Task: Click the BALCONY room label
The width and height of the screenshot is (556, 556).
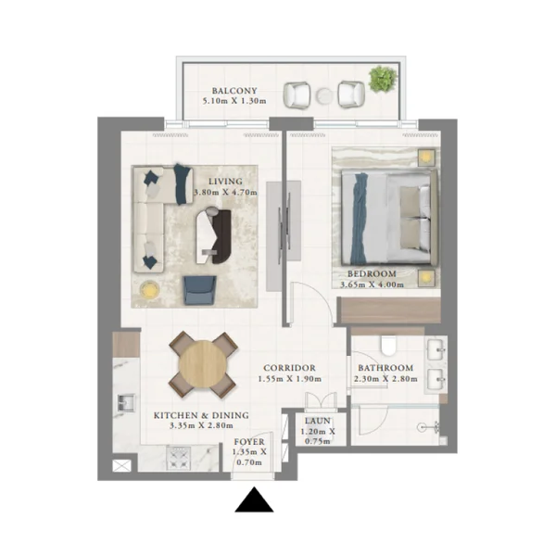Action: pyautogui.click(x=234, y=91)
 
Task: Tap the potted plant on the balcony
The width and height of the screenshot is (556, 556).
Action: pyautogui.click(x=383, y=79)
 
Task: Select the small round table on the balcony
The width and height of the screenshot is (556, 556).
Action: pyautogui.click(x=324, y=95)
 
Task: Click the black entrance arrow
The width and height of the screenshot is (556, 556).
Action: pyautogui.click(x=254, y=499)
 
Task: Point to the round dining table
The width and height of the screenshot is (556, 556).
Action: pyautogui.click(x=203, y=364)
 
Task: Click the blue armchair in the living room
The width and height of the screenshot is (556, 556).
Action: pyautogui.click(x=199, y=290)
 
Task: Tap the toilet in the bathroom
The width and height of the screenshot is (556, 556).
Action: pyautogui.click(x=388, y=346)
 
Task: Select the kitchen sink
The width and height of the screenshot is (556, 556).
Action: pyautogui.click(x=126, y=403)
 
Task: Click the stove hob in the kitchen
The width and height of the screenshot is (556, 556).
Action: pyautogui.click(x=179, y=458)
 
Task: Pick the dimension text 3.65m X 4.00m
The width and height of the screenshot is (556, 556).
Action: pyautogui.click(x=372, y=284)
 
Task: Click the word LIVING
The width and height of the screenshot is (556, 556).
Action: pyautogui.click(x=225, y=182)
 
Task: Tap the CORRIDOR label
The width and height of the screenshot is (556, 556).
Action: pyautogui.click(x=289, y=368)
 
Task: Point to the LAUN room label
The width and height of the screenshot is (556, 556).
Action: pyautogui.click(x=318, y=421)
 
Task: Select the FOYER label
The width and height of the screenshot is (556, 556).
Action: pyautogui.click(x=249, y=442)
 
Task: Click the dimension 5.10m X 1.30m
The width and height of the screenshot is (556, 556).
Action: pyautogui.click(x=234, y=101)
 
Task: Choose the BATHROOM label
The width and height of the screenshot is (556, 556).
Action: pyautogui.click(x=385, y=368)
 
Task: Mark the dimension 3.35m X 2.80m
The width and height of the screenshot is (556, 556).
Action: pyautogui.click(x=201, y=425)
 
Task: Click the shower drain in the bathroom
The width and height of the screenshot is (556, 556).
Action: pyautogui.click(x=422, y=427)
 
